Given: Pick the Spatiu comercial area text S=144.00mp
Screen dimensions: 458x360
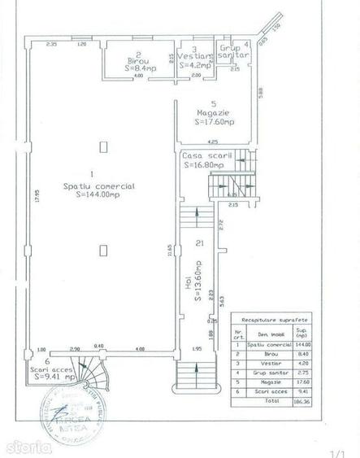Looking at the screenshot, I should [x=99, y=194].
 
